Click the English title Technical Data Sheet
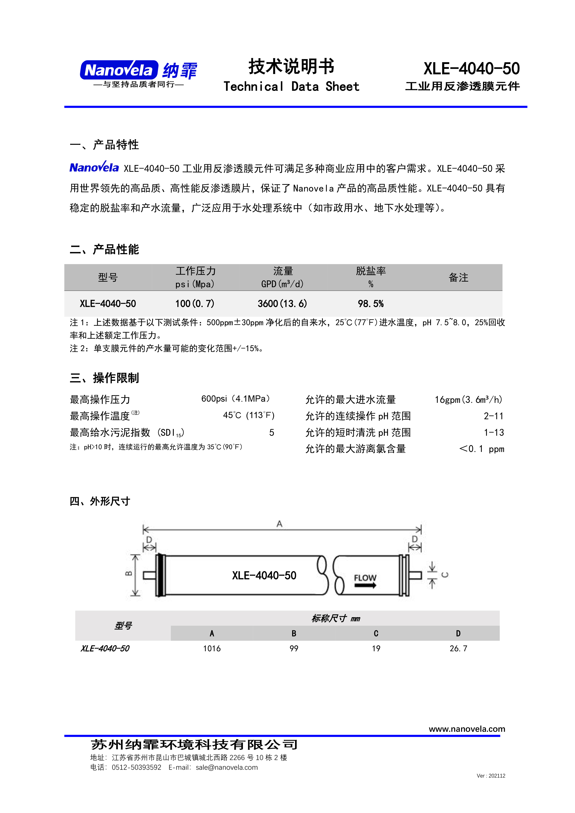click(291, 86)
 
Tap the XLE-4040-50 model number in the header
click(471, 68)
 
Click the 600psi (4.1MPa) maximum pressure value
click(236, 399)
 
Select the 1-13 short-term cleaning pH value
click(494, 432)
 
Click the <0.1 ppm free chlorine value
click(482, 449)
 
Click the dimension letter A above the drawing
click(280, 524)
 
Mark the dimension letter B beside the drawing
click(129, 573)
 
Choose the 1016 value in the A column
click(212, 648)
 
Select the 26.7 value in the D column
click(458, 648)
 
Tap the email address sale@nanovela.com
click(227, 767)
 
